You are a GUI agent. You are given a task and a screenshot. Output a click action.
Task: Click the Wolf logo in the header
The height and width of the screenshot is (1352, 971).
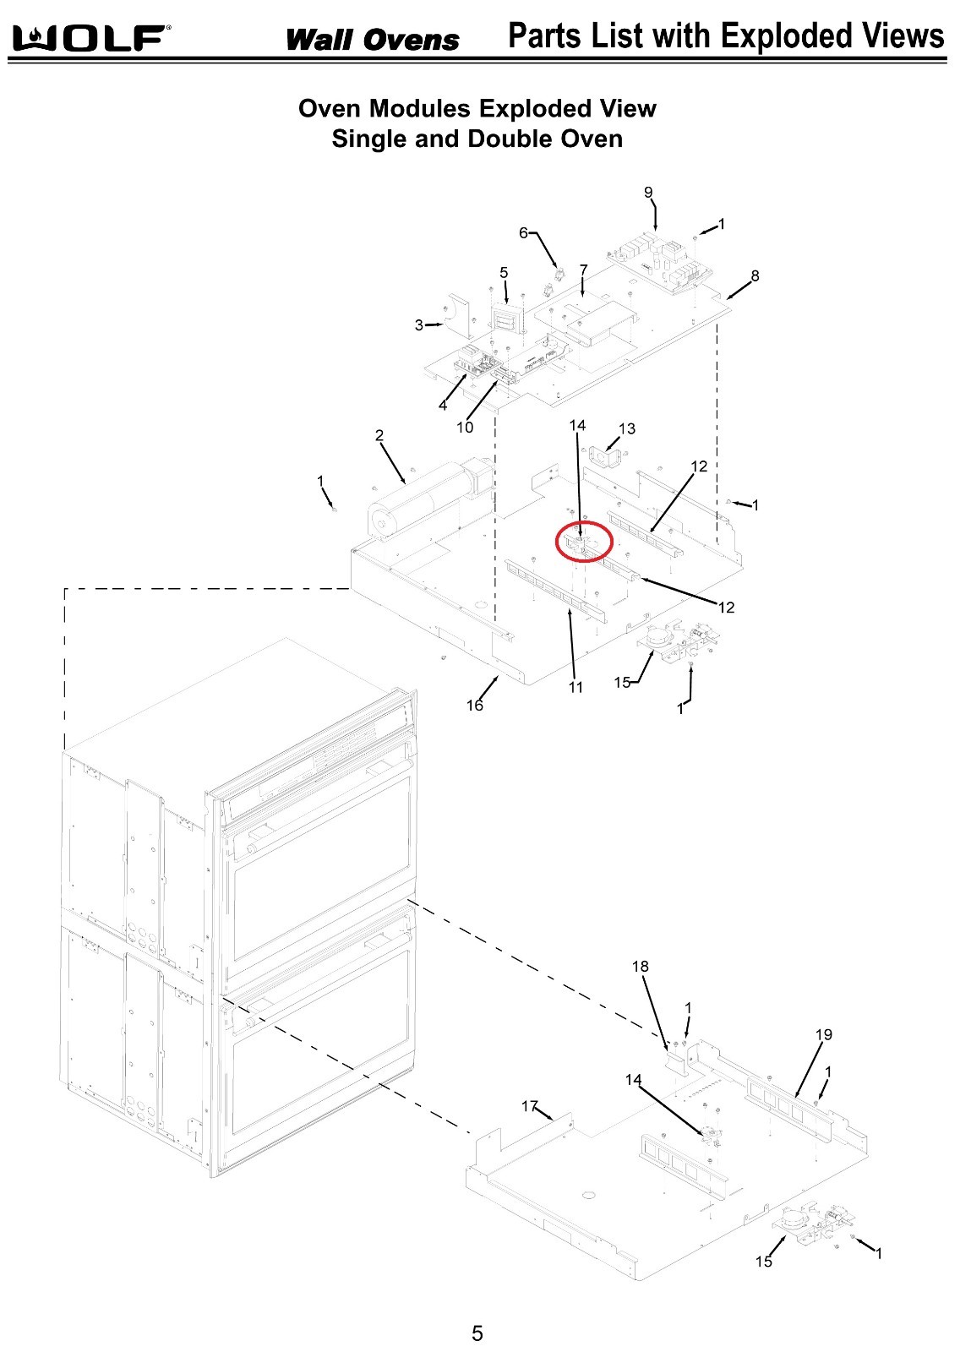tap(91, 38)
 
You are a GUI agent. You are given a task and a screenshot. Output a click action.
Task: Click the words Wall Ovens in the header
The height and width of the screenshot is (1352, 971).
tap(372, 40)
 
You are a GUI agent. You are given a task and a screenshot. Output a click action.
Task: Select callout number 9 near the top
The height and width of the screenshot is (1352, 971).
tap(648, 193)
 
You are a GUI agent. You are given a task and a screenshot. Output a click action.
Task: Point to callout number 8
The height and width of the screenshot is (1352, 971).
tap(755, 275)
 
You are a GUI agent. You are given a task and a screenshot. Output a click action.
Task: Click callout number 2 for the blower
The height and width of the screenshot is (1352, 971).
tap(379, 436)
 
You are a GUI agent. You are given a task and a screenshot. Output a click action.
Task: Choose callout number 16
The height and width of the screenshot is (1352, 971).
tap(475, 705)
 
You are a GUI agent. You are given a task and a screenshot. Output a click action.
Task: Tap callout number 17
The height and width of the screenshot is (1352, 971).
tap(529, 1106)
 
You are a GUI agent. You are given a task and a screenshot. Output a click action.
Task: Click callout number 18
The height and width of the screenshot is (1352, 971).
tap(641, 967)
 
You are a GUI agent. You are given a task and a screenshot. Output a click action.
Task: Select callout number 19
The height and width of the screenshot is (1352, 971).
tap(824, 1034)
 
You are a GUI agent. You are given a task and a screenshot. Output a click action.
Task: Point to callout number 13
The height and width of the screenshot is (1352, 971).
tap(627, 429)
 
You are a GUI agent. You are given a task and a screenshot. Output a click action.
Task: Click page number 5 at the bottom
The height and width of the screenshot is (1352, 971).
tap(477, 1333)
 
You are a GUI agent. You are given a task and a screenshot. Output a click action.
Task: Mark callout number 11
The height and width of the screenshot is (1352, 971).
tap(576, 687)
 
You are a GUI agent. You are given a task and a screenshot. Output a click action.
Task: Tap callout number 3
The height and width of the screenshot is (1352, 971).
tap(419, 325)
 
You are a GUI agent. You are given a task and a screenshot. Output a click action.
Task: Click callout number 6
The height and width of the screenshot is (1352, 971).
tap(523, 232)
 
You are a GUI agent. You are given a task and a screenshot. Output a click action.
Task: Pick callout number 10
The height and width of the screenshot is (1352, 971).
tap(465, 428)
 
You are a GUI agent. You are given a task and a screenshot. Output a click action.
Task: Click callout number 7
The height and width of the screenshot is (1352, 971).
tap(583, 270)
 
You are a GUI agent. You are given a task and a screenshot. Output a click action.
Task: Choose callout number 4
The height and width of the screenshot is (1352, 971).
tap(443, 406)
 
